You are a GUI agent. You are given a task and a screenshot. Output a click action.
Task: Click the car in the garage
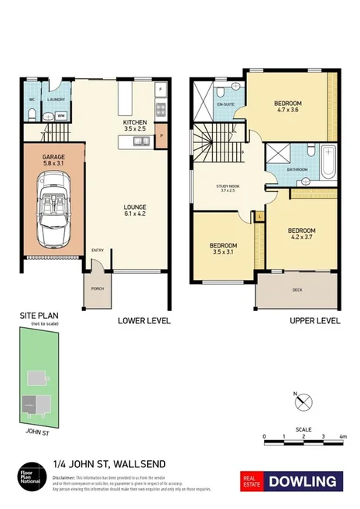click(x=52, y=206)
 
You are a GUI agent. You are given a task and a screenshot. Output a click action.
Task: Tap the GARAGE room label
click(x=53, y=159)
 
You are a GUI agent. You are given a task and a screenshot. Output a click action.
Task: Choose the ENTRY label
click(x=98, y=250)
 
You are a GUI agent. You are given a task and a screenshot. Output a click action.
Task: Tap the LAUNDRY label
click(x=56, y=100)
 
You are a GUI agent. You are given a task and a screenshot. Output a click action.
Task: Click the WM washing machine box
click(x=60, y=116)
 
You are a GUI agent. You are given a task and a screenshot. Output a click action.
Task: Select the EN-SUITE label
click(x=225, y=102)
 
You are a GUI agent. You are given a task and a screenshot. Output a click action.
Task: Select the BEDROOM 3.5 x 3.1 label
click(x=223, y=248)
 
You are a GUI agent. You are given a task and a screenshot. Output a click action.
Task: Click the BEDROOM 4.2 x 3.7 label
click(x=301, y=234)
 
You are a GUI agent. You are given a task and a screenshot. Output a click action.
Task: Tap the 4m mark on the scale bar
click(x=342, y=437)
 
